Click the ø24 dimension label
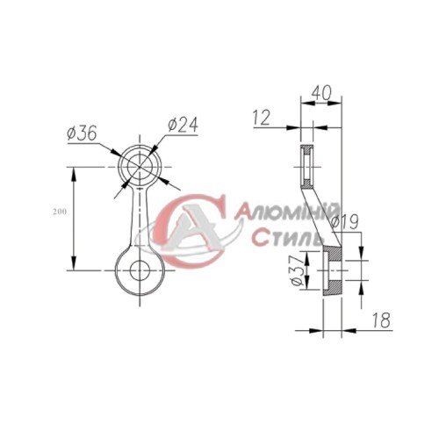click(181, 125)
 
